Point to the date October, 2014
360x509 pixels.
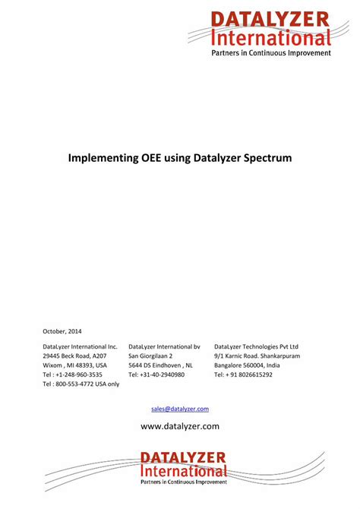(x=62, y=331)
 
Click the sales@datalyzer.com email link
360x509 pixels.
(x=180, y=409)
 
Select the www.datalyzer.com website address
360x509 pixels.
(x=180, y=426)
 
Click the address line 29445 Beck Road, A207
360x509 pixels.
(x=74, y=356)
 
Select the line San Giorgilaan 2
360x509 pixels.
(x=150, y=356)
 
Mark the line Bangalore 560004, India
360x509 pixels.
(x=247, y=365)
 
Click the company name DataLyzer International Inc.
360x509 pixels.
(x=80, y=346)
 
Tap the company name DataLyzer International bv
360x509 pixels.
(x=164, y=346)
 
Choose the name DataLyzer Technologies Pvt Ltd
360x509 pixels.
(x=256, y=346)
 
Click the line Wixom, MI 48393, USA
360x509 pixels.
(x=74, y=365)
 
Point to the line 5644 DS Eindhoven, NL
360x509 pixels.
(x=160, y=365)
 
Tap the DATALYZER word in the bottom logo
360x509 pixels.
(x=183, y=457)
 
